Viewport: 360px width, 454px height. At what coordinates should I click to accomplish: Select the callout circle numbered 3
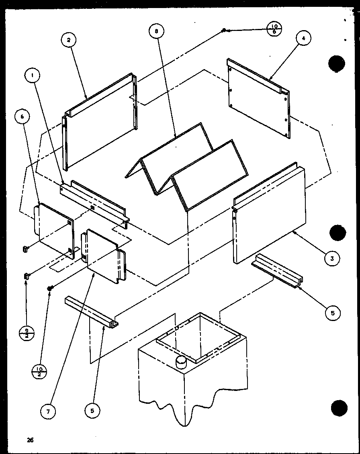332,258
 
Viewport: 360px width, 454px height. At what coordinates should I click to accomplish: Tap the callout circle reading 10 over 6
274,30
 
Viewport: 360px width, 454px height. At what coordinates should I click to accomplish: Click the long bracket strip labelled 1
94,203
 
